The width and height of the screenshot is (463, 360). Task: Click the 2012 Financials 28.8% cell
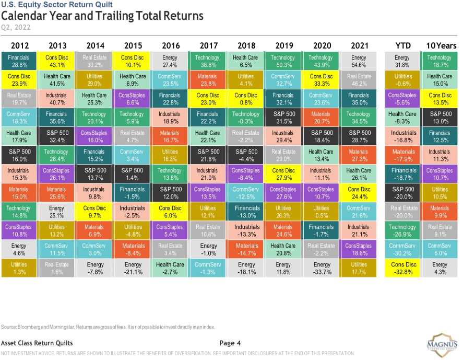tap(19, 61)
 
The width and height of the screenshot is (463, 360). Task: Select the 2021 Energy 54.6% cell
tap(359, 61)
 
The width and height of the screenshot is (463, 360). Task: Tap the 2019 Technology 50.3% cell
tap(283, 61)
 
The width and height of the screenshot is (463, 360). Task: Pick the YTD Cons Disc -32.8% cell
tap(402, 268)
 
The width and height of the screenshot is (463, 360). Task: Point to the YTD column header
tap(402, 45)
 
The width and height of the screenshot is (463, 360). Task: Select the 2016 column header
tap(171, 45)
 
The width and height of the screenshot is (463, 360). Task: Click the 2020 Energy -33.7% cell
tap(321, 268)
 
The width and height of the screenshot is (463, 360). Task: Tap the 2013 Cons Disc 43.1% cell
tap(57, 61)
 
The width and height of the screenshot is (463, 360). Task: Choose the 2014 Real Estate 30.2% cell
tap(94, 61)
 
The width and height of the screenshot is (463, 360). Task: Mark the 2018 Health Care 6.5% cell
tap(245, 61)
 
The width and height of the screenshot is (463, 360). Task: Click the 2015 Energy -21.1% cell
tap(133, 268)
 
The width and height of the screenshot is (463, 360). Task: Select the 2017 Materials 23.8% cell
tap(208, 80)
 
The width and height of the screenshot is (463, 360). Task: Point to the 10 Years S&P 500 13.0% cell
tap(440, 118)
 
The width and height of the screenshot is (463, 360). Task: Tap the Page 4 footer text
tap(230, 343)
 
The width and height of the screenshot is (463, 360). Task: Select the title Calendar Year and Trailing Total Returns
tap(102, 16)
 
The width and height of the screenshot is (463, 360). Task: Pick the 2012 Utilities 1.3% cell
tap(19, 268)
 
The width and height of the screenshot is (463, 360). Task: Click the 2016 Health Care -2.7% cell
tap(170, 268)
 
